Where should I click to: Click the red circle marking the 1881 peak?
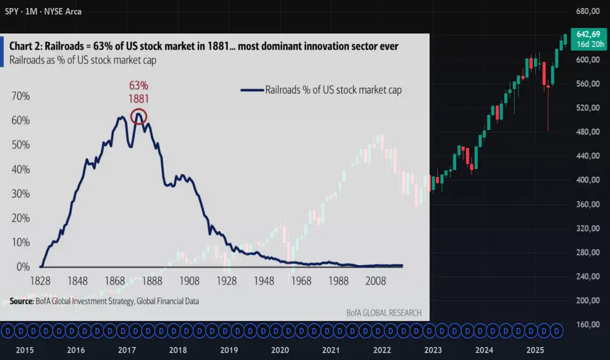click(139, 117)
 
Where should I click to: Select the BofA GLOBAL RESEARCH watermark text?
click(384, 313)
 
